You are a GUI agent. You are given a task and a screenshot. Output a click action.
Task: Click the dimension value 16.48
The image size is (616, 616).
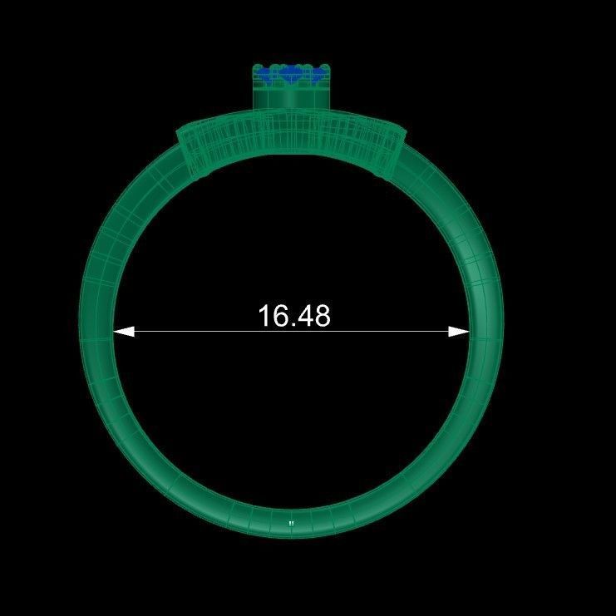293,316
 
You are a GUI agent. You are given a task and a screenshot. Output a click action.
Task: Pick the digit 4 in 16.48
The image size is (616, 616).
303,316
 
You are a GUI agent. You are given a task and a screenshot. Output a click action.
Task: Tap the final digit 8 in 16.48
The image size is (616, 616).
321,316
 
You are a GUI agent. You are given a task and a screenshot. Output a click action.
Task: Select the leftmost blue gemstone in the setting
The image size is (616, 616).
265,76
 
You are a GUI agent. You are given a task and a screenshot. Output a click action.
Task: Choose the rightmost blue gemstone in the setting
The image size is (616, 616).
318,76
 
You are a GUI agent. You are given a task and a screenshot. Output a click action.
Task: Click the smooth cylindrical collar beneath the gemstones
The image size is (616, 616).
292,98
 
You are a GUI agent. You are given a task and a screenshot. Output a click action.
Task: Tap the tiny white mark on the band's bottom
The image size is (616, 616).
291,523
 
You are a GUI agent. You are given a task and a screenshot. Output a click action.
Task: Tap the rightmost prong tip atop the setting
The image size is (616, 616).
328,67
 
